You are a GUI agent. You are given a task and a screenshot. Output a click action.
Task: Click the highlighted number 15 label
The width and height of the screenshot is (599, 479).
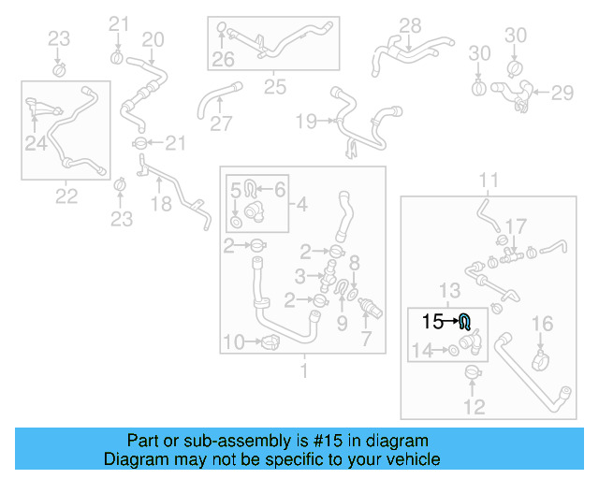pos(432,322)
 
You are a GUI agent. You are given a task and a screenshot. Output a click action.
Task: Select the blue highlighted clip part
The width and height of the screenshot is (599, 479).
pos(465,324)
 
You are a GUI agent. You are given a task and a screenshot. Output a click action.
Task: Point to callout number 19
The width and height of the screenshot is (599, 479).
pos(306,121)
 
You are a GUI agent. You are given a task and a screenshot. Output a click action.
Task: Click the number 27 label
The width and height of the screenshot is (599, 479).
pos(221,123)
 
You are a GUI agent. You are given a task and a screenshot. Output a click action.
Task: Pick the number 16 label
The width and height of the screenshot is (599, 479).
pos(543,325)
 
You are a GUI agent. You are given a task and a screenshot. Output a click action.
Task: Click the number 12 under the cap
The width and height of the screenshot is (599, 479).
pos(475,407)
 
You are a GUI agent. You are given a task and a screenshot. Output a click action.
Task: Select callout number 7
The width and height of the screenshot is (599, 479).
pos(367,340)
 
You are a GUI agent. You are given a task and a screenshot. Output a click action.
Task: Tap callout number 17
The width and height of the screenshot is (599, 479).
pos(517,226)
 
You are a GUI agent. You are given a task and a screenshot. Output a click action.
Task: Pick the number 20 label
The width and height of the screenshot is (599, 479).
pos(153,39)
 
